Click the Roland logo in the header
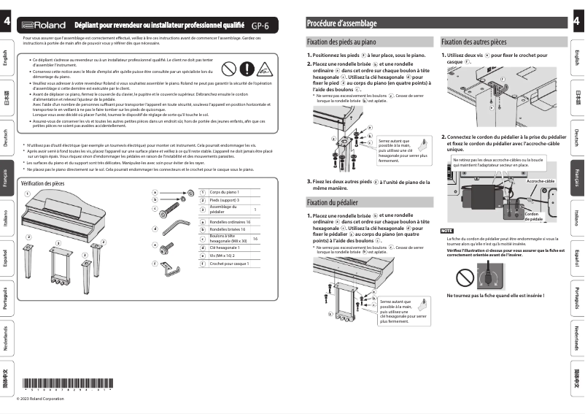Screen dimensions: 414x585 point(38,24)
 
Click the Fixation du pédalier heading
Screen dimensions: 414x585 point(333,202)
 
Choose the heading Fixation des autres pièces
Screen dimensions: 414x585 point(473,43)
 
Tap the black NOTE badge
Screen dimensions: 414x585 point(447,231)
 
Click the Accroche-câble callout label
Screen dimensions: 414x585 point(541,180)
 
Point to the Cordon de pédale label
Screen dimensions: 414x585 point(533,216)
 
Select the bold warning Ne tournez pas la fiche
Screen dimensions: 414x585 point(486,296)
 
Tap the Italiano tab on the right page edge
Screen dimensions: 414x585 point(577,217)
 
